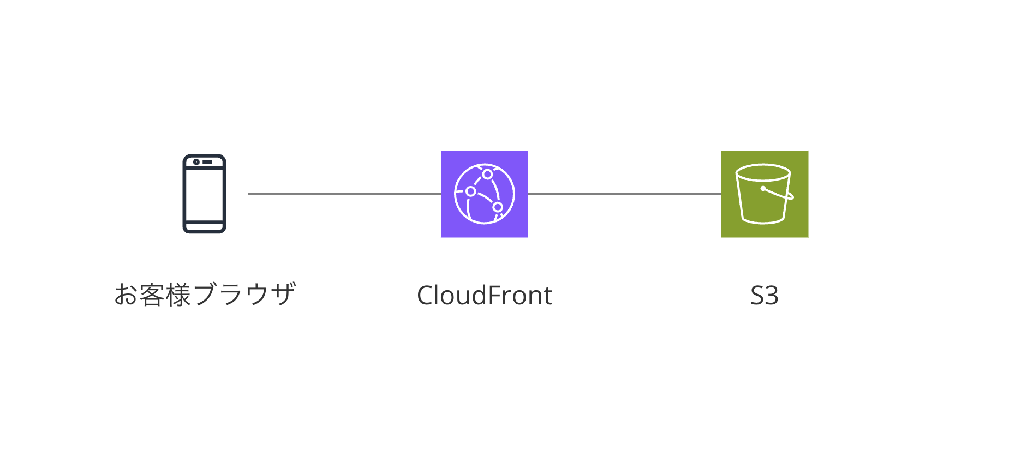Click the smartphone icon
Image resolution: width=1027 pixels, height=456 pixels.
[x=204, y=194]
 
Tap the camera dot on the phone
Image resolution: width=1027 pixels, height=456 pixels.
[x=196, y=162]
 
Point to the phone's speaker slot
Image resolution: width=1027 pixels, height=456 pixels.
[x=208, y=162]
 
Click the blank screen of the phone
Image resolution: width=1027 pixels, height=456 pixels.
[x=204, y=195]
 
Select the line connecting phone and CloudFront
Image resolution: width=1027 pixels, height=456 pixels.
[x=344, y=194]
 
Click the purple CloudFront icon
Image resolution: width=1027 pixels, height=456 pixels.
[x=485, y=194]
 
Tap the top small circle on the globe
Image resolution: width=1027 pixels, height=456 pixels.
[x=487, y=175]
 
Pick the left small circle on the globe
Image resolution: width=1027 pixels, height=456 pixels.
[x=470, y=191]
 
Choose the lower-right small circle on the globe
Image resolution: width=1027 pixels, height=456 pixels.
[x=498, y=207]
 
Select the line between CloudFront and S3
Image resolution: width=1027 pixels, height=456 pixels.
[x=625, y=194]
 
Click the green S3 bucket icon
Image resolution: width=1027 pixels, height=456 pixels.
[x=765, y=194]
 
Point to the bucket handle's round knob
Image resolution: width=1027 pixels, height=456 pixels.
[x=763, y=189]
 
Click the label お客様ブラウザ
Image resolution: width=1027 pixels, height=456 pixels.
[x=205, y=295]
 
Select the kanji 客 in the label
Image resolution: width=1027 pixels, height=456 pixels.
[x=152, y=295]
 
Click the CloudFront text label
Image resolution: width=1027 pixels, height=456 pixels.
[x=485, y=295]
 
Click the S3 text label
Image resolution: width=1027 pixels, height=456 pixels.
[x=764, y=295]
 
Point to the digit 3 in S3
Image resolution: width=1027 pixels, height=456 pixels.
[x=772, y=295]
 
